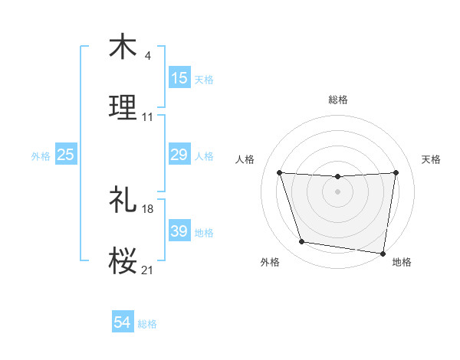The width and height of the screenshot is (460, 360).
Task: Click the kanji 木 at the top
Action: click(x=123, y=47)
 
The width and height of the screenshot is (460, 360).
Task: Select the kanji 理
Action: click(x=123, y=108)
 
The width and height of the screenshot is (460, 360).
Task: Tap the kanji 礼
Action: click(x=123, y=200)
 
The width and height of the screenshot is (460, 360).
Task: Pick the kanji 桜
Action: click(x=123, y=260)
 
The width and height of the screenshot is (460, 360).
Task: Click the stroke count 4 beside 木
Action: click(x=147, y=56)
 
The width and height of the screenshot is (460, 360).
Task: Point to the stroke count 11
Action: click(x=148, y=117)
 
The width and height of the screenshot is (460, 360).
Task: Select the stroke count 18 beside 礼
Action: click(x=148, y=208)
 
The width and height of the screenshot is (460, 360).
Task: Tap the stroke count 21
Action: click(x=148, y=270)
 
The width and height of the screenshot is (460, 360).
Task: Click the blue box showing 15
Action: click(x=179, y=78)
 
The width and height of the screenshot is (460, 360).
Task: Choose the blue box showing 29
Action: click(x=179, y=155)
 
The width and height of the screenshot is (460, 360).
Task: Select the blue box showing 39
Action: click(x=179, y=231)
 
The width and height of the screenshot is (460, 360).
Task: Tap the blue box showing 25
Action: click(x=65, y=155)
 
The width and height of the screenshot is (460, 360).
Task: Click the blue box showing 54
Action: click(x=123, y=323)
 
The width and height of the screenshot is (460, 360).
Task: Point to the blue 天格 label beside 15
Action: click(x=204, y=80)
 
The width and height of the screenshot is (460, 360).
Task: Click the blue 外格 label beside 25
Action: click(x=41, y=156)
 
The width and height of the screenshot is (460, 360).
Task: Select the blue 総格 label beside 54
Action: click(x=147, y=324)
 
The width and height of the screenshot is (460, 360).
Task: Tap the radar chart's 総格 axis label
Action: click(x=338, y=100)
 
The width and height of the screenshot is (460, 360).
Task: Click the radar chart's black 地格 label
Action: click(x=402, y=263)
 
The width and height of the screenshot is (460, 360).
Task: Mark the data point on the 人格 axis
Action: click(x=280, y=172)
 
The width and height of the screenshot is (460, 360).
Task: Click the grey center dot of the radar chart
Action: click(x=338, y=191)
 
